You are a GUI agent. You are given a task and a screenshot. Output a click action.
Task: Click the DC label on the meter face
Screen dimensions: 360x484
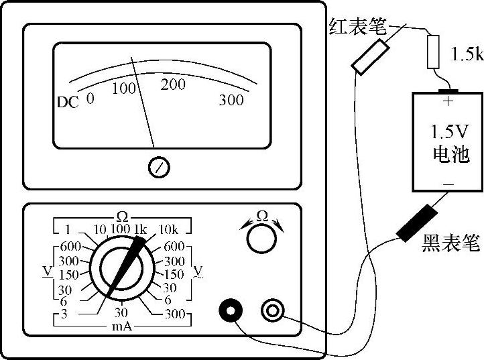[68, 103]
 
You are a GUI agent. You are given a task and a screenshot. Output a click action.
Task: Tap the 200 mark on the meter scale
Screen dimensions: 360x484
[173, 85]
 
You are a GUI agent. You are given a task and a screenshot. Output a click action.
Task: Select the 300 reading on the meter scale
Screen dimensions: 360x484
[231, 101]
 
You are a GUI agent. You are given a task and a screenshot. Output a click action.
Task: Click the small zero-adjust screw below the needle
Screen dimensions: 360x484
[159, 166]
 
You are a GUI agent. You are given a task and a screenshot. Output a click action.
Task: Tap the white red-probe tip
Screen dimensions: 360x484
[371, 57]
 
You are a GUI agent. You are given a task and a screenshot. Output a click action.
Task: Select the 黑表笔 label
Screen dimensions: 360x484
[450, 243]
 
